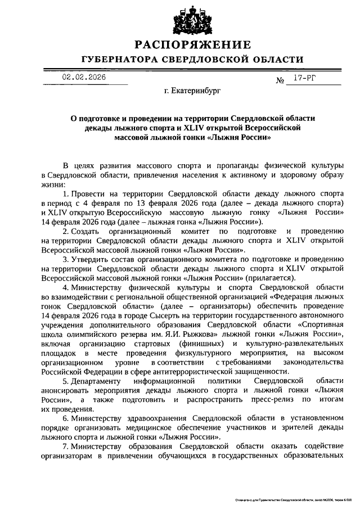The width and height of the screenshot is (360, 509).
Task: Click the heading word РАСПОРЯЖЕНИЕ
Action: (x=192, y=44)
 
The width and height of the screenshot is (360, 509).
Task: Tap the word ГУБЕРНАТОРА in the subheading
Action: (x=120, y=59)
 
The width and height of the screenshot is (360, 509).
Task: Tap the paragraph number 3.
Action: (x=65, y=259)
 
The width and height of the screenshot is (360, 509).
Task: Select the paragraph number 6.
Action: (x=65, y=418)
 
